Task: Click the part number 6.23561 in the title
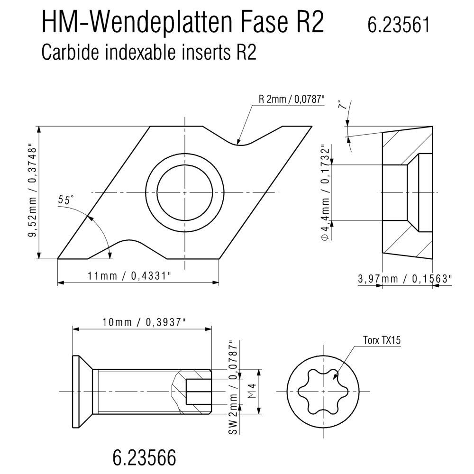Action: [x=398, y=25]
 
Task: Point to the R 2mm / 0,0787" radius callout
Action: [x=291, y=99]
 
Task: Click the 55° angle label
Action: [x=66, y=200]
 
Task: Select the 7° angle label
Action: [x=342, y=105]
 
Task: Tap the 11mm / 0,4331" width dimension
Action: [x=129, y=276]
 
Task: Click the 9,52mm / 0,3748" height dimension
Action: [x=32, y=192]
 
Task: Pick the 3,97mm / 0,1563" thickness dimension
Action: [x=405, y=278]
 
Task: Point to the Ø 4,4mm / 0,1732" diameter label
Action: [x=326, y=192]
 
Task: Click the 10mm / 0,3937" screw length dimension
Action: [x=144, y=322]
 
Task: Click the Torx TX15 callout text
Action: [x=382, y=340]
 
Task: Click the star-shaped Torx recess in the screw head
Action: [x=323, y=392]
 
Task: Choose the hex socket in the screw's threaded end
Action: [x=198, y=392]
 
